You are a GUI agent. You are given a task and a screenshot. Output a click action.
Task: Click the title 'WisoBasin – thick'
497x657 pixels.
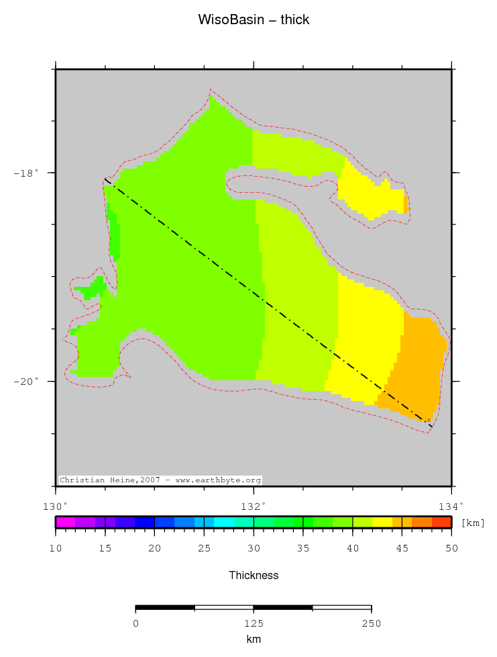click(254, 20)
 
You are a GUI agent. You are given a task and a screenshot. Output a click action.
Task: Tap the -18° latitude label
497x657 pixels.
click(26, 173)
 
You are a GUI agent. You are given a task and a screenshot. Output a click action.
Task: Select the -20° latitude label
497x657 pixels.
click(26, 382)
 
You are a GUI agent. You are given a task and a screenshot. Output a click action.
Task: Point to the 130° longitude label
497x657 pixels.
click(55, 505)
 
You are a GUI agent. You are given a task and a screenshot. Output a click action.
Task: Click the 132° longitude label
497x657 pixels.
click(254, 505)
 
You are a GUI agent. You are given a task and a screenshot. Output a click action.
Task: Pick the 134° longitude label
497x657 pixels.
click(451, 505)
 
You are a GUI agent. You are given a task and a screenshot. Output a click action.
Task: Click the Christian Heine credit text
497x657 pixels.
click(160, 480)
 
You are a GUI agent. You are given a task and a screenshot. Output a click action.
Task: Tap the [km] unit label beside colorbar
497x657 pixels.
click(473, 523)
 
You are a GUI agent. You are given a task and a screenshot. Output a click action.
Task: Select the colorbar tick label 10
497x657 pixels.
click(55, 548)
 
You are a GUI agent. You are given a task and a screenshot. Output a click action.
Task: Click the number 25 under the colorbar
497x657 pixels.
click(204, 548)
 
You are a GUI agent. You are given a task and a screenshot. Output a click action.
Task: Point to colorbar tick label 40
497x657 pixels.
click(353, 548)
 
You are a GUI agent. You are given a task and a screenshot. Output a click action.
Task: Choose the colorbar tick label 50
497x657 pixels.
click(451, 548)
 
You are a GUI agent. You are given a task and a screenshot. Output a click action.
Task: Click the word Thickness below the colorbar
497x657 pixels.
click(254, 575)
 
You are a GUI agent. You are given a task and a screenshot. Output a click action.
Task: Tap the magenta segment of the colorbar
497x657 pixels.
click(65, 522)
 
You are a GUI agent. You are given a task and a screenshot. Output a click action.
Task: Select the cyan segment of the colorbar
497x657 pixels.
click(224, 522)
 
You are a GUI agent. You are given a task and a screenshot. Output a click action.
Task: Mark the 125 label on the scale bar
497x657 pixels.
click(254, 623)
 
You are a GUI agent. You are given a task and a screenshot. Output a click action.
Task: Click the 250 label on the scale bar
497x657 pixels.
click(371, 623)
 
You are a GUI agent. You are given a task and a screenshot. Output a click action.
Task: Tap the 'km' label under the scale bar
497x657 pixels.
click(254, 640)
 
